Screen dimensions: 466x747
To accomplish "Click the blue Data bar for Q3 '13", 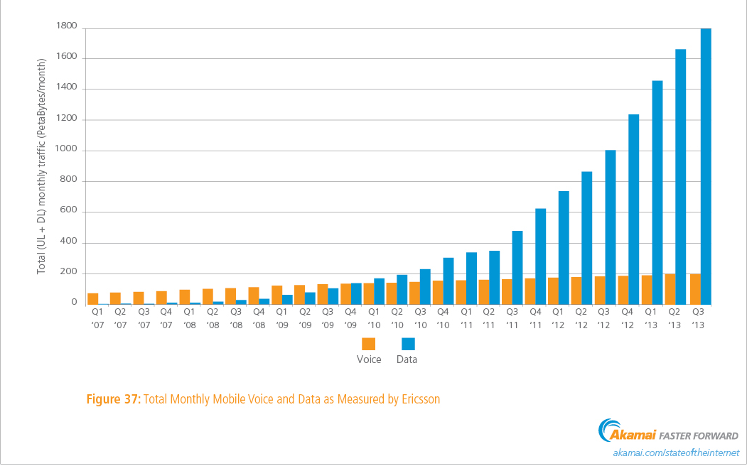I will (706, 166).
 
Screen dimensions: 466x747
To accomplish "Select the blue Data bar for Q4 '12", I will (634, 209).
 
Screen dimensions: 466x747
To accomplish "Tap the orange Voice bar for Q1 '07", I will (93, 298).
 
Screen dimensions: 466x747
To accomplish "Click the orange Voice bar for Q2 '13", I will (670, 288).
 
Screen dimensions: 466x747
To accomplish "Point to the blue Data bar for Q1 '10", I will (380, 291).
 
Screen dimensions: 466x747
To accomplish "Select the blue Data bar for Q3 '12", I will (611, 227).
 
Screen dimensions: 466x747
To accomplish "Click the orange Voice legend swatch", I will (369, 344).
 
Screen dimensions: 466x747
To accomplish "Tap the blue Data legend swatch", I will (408, 344).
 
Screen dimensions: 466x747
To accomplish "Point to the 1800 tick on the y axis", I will (67, 26).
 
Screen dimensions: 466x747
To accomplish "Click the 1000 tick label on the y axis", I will (67, 150).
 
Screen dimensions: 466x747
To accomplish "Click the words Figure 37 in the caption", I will (113, 399).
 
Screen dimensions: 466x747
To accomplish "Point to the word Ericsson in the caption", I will (419, 399).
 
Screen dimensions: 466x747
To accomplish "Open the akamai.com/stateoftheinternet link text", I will (675, 453).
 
